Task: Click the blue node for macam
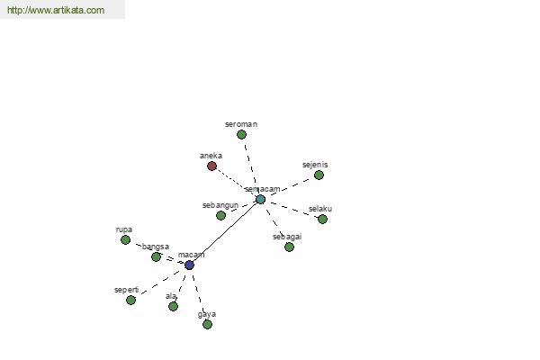pos(189,265)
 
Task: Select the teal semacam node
pos(261,199)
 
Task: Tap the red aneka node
pos(211,166)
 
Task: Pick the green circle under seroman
pos(241,135)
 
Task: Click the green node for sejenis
pos(319,175)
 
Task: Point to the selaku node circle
pos(322,219)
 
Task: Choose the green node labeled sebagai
pos(289,247)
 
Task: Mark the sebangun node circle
pos(220,215)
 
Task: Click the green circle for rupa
pos(126,239)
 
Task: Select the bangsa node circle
pos(156,256)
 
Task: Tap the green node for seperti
pos(130,300)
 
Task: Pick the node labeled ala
pos(173,306)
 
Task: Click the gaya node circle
pos(207,324)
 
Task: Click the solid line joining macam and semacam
pos(225,232)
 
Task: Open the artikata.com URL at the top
pos(56,10)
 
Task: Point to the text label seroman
pos(241,124)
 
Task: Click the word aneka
pos(211,156)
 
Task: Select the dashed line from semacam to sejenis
pos(290,187)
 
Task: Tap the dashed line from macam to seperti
pos(161,283)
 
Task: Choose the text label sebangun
pos(220,205)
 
